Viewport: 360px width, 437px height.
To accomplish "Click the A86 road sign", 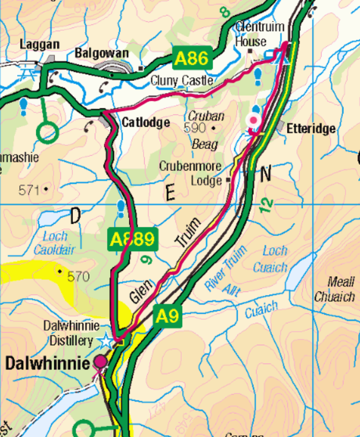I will [192, 58].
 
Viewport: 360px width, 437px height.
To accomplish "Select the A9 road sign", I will [167, 316].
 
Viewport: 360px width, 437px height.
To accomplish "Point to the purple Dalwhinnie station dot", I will [101, 361].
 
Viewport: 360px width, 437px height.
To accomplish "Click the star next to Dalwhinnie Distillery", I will [105, 340].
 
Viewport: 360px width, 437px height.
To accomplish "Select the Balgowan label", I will [102, 53].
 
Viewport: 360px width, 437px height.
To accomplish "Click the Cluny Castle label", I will [182, 80].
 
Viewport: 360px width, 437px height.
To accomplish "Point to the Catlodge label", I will [145, 122].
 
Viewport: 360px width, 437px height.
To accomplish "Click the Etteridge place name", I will [311, 128].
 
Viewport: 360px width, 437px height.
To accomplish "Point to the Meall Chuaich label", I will [334, 290].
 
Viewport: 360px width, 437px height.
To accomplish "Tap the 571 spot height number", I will [29, 190].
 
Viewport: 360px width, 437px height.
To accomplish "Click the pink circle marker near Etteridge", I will [253, 120].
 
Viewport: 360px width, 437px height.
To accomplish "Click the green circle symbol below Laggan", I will [47, 132].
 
